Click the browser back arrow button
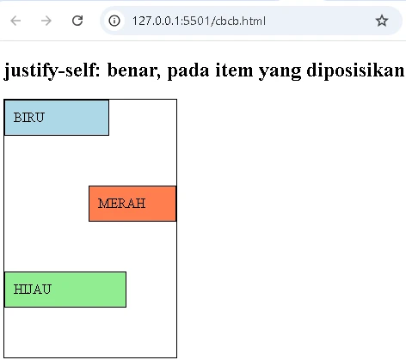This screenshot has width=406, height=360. click(x=15, y=21)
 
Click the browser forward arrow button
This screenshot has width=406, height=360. click(x=46, y=21)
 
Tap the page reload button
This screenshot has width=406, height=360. click(x=77, y=21)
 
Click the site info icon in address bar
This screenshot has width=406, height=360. click(x=114, y=21)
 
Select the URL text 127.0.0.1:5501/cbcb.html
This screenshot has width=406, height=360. click(x=199, y=21)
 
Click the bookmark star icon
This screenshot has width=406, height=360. click(x=382, y=21)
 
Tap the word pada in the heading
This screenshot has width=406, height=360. click(x=188, y=70)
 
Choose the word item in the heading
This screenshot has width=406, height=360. click(x=234, y=70)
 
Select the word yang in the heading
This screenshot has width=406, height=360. click(x=280, y=72)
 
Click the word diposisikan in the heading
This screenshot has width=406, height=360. click(x=356, y=70)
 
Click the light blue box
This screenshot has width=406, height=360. click(x=57, y=118)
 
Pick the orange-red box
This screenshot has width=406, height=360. click(x=132, y=204)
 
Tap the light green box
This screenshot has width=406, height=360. click(x=65, y=290)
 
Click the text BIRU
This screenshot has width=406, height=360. click(x=29, y=118)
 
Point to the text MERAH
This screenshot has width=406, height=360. click(x=121, y=204)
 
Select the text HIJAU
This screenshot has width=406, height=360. click(x=33, y=290)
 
